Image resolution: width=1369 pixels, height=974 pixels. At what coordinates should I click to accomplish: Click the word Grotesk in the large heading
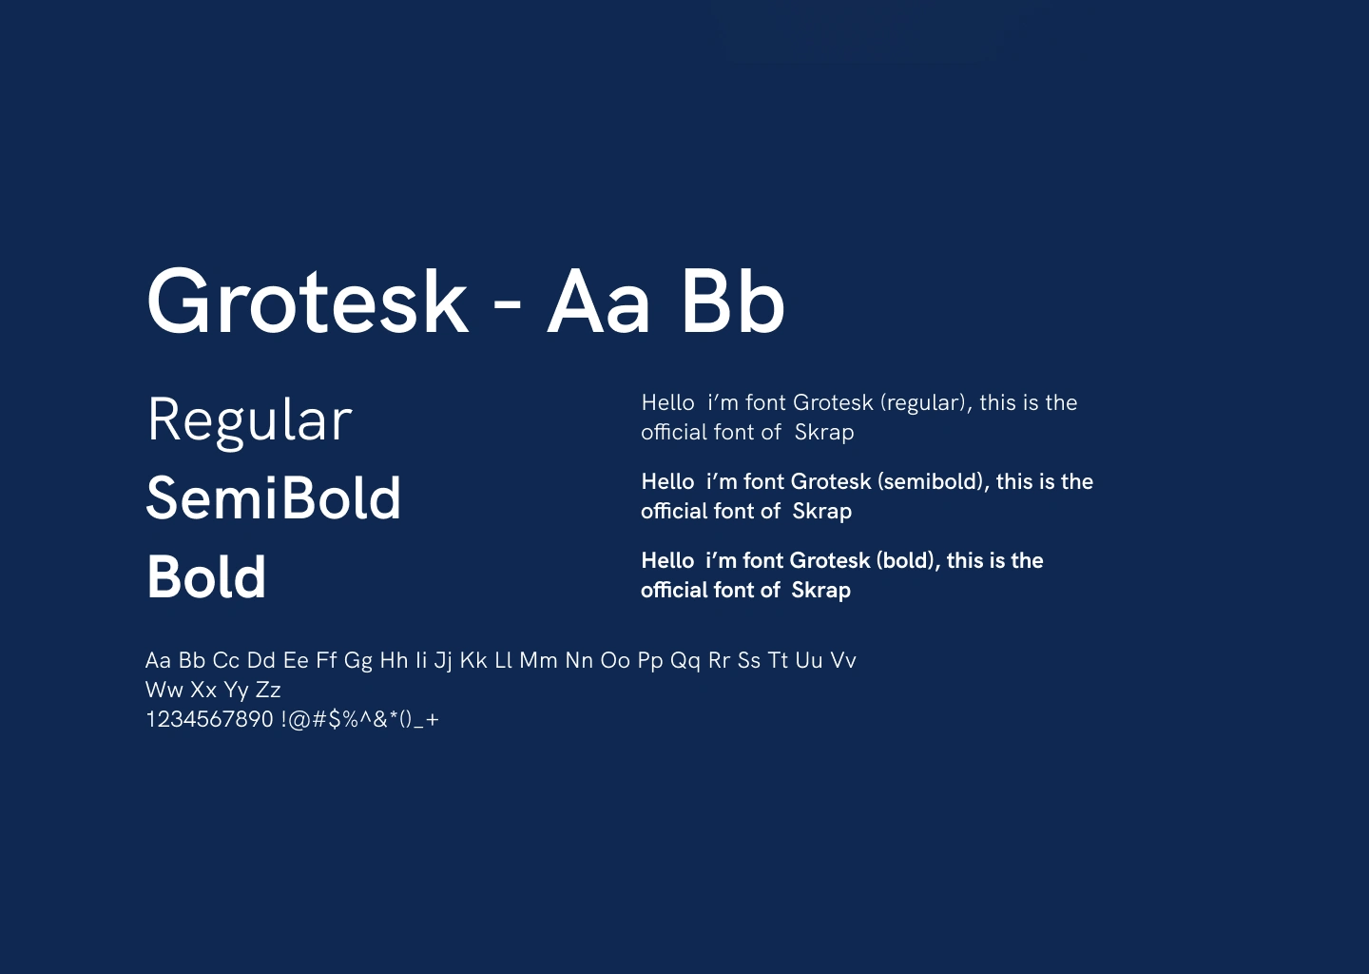point(307,302)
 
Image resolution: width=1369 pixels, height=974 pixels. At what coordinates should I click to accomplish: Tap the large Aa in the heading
point(597,302)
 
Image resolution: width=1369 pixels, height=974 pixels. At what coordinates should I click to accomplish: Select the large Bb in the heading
point(733,302)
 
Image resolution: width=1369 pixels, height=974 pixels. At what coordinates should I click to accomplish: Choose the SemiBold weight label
point(273,498)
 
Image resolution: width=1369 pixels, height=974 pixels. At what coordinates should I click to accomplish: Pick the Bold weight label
point(206,576)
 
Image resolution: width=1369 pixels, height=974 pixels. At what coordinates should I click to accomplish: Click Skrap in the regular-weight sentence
point(824,433)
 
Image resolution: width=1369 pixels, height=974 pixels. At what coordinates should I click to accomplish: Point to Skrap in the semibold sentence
point(822,512)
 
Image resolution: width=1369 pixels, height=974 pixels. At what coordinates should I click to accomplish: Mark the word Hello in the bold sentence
point(667,560)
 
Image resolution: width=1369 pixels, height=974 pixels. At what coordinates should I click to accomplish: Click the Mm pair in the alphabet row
point(538,661)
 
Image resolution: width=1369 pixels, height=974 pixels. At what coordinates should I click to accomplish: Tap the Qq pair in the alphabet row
point(685,662)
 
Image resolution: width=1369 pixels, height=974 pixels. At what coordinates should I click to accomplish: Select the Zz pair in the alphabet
point(268,691)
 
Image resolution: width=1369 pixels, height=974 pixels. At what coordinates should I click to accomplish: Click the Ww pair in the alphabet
point(164,691)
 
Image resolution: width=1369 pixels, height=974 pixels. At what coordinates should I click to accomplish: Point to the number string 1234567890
point(209,720)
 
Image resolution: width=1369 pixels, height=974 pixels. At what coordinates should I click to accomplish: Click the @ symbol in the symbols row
point(299,720)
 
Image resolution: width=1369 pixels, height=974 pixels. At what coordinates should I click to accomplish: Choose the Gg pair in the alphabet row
point(358,662)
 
